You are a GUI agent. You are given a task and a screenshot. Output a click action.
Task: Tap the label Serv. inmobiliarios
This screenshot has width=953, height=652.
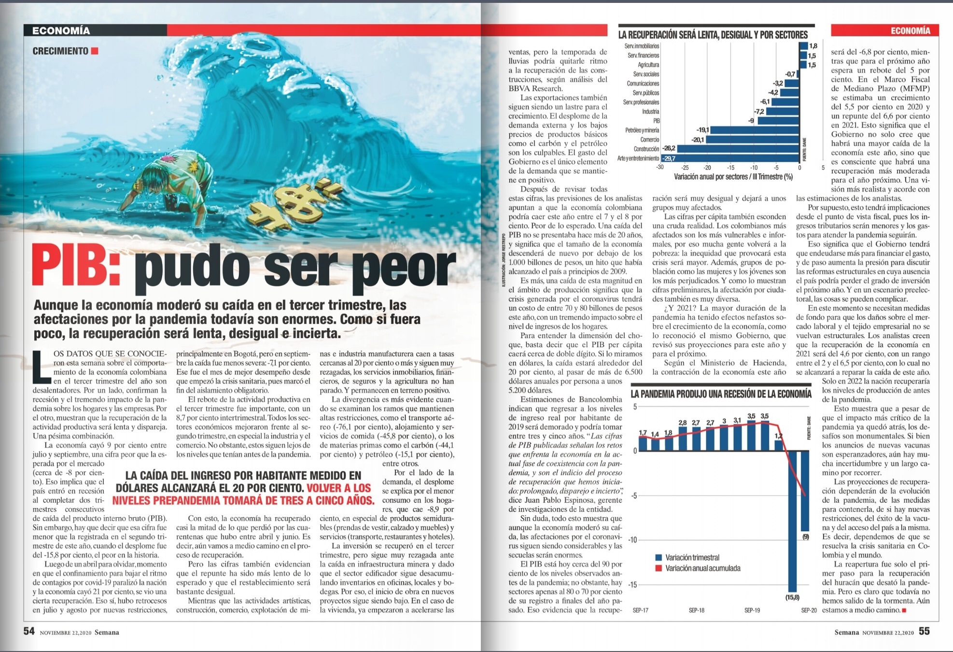(x=641, y=46)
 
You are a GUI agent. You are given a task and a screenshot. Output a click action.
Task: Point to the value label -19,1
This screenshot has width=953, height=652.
(x=702, y=130)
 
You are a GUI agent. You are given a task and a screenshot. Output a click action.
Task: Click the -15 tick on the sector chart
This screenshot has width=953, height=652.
(x=730, y=168)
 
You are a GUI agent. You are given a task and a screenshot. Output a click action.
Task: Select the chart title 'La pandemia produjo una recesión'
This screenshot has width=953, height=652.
(x=721, y=394)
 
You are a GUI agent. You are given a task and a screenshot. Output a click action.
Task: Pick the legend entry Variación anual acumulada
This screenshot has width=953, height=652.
(x=698, y=568)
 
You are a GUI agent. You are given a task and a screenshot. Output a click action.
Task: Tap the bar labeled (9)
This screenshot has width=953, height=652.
(x=805, y=491)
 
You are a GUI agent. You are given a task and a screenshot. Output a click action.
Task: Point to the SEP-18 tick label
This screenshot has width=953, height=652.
(x=696, y=610)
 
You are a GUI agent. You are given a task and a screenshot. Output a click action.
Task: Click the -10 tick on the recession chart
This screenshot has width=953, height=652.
(x=632, y=540)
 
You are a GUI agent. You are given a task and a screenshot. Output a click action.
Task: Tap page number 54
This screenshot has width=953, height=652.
(x=29, y=632)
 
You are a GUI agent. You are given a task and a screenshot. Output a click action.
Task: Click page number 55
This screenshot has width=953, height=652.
(x=924, y=632)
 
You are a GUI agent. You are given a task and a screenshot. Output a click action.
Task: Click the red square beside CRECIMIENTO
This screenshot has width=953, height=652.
(x=95, y=51)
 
